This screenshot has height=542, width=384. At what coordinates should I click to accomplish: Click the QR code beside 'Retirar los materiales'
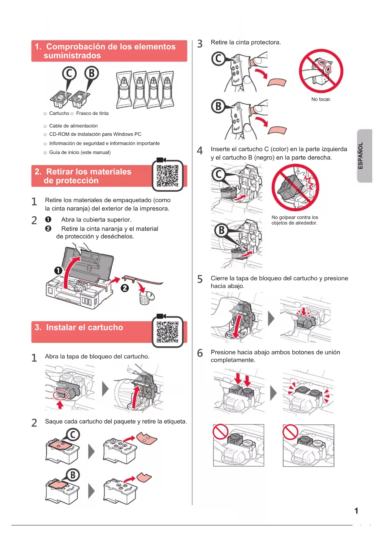(167, 176)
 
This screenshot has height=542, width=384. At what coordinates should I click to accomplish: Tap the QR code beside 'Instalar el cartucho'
(167, 332)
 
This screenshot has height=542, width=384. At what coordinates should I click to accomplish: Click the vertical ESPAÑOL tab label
(360, 156)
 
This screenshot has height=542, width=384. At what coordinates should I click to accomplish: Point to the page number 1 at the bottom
(356, 511)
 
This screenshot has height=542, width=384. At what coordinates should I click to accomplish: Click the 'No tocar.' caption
(321, 99)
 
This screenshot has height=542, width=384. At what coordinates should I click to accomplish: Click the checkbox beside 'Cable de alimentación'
(45, 126)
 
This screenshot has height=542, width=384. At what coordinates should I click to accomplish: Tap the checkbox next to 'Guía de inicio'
(45, 153)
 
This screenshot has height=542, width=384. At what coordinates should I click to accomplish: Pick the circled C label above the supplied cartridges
(69, 74)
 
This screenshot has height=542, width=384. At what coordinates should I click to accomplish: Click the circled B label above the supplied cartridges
(92, 74)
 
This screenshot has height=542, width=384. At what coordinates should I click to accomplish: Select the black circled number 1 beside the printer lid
(58, 271)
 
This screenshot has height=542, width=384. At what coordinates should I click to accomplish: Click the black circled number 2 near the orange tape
(125, 288)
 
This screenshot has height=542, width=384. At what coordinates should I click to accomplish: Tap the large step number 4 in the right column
(200, 150)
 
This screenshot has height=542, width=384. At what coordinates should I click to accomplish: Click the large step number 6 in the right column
(200, 353)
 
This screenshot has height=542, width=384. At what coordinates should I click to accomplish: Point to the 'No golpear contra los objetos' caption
(295, 220)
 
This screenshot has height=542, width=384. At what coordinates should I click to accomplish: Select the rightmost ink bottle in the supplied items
(167, 89)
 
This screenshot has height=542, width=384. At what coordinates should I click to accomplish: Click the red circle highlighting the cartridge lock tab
(61, 395)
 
